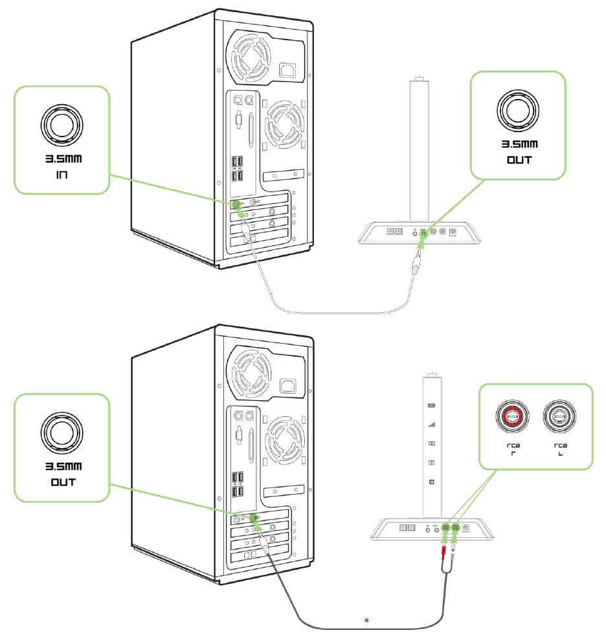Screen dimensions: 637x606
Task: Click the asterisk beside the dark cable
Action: coord(367,621)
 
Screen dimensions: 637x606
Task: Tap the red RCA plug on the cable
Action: coord(443,552)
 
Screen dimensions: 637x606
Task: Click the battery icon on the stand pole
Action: coord(432,407)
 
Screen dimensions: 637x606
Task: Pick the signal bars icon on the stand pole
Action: coord(432,425)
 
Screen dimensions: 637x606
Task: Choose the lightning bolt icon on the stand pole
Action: coord(432,464)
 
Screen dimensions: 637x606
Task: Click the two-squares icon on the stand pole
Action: coord(432,445)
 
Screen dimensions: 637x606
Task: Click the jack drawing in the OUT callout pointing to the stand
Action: coord(517,111)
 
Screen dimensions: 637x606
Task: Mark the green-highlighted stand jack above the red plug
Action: coord(445,529)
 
